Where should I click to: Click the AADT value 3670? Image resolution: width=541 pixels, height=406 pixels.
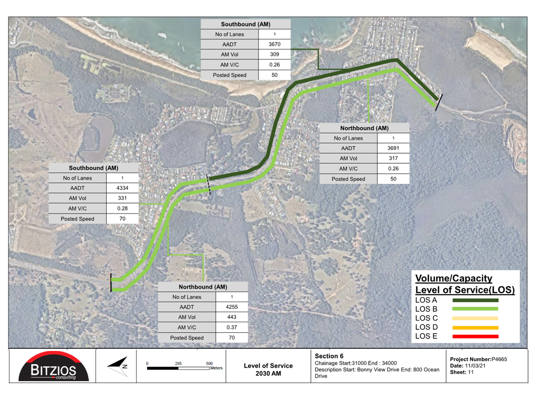click(274, 44)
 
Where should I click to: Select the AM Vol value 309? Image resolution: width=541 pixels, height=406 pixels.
click(274, 54)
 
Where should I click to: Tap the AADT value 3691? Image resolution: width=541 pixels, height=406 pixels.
click(393, 148)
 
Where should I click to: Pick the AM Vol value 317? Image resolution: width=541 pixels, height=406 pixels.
click(393, 158)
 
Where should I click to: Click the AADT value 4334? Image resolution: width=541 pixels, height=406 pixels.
click(122, 188)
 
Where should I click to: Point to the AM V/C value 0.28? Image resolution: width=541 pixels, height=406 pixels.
click(122, 208)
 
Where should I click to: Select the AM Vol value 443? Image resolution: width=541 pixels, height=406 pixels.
click(232, 317)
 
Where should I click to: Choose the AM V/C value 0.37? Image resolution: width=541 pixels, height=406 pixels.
click(232, 327)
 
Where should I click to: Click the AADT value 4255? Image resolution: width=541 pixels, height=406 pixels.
click(232, 307)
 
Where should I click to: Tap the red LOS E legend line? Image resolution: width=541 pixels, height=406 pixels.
click(475, 337)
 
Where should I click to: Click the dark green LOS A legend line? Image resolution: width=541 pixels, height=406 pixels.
click(475, 300)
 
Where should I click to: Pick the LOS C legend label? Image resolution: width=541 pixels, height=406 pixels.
click(426, 318)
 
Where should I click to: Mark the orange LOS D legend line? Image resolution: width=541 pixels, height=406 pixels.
click(475, 328)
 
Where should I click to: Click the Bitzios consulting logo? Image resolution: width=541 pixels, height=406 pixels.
click(54, 367)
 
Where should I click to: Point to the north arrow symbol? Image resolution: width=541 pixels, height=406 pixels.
click(118, 367)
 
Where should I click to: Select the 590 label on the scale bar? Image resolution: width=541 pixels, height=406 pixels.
click(209, 363)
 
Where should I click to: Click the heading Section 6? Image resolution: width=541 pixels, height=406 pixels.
click(329, 356)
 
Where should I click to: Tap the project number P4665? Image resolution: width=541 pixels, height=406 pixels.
click(499, 359)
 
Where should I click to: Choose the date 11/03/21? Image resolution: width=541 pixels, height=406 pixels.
click(475, 366)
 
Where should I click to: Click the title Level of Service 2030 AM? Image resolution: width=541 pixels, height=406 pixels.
click(268, 370)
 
